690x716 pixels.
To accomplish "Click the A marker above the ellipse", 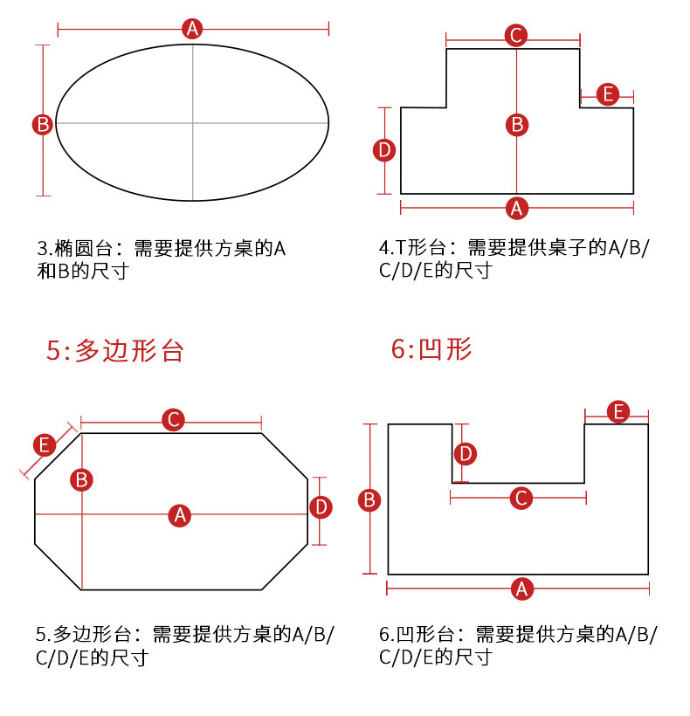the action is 193,29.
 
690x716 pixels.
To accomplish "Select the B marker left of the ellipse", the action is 42,124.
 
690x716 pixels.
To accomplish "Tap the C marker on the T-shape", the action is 516,36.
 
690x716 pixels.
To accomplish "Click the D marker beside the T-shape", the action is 384,151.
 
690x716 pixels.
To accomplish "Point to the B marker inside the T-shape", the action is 517,125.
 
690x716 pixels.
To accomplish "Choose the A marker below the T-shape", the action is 517,208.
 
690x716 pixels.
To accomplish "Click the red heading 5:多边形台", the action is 115,351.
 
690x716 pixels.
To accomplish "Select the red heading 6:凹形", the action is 431,349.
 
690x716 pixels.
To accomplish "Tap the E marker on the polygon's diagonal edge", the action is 45,445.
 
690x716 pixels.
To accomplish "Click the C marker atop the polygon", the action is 174,420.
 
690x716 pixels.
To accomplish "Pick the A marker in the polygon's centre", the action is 180,515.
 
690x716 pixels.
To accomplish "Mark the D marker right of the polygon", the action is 321,507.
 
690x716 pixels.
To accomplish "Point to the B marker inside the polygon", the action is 81,479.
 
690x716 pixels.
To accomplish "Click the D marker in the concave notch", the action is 466,453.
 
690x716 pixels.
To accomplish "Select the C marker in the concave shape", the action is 521,498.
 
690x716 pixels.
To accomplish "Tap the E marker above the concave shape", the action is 618,411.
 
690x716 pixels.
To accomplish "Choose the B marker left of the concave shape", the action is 369,500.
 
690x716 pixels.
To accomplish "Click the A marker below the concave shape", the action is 521,589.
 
